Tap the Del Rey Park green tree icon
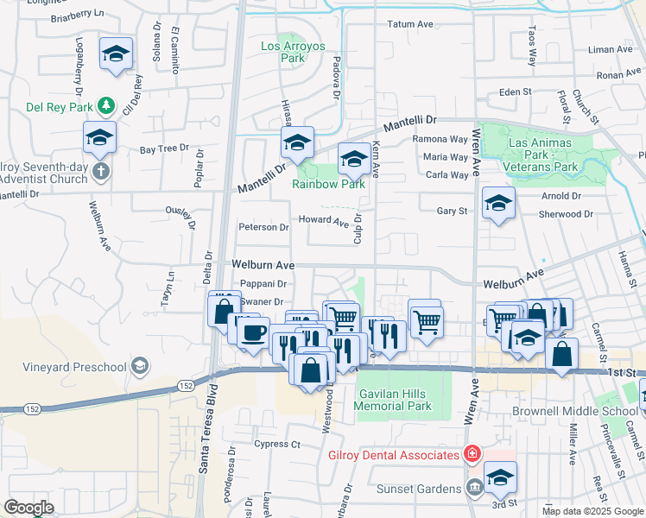[107, 105]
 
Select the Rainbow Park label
[328, 183]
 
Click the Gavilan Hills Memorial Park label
[394, 399]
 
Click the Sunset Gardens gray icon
[474, 489]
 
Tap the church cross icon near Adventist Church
[101, 171]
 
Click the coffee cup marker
[253, 332]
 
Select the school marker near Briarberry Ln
[116, 54]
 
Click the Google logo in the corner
[28, 508]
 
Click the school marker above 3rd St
[500, 477]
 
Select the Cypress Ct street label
[276, 445]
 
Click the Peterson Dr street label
[263, 227]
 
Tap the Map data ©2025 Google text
[592, 511]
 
